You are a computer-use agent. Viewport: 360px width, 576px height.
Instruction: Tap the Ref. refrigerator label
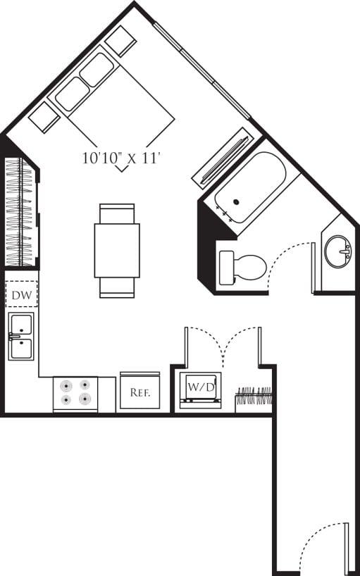tap(140, 392)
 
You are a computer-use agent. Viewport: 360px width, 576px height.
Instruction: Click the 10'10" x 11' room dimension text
tap(122, 158)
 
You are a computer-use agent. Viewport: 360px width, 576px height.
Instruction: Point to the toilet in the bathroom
tap(242, 267)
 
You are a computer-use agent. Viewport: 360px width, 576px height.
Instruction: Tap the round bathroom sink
tap(338, 251)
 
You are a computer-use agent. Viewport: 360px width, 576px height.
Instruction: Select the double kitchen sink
tap(21, 336)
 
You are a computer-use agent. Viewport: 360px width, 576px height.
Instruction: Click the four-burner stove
tap(75, 394)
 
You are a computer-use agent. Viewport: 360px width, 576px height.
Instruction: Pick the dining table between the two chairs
tap(117, 251)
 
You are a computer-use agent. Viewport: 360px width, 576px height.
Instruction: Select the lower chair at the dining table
tap(117, 287)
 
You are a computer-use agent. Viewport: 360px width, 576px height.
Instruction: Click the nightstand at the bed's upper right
tap(120, 41)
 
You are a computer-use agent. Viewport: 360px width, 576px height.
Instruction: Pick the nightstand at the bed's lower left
tap(44, 117)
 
